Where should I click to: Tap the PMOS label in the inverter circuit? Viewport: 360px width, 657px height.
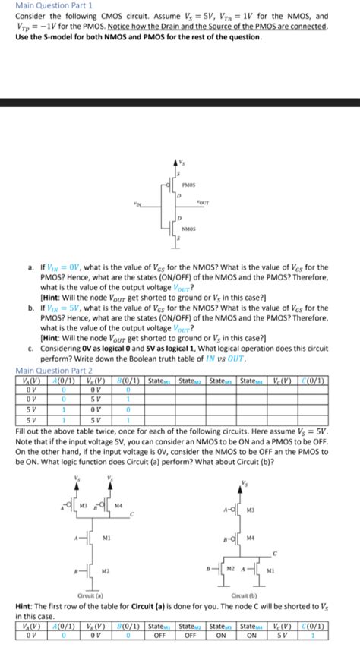(189, 184)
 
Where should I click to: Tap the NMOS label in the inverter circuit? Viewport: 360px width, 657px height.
(189, 228)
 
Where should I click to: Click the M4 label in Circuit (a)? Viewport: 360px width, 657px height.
(118, 504)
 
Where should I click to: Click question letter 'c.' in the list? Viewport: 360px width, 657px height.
(28, 346)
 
